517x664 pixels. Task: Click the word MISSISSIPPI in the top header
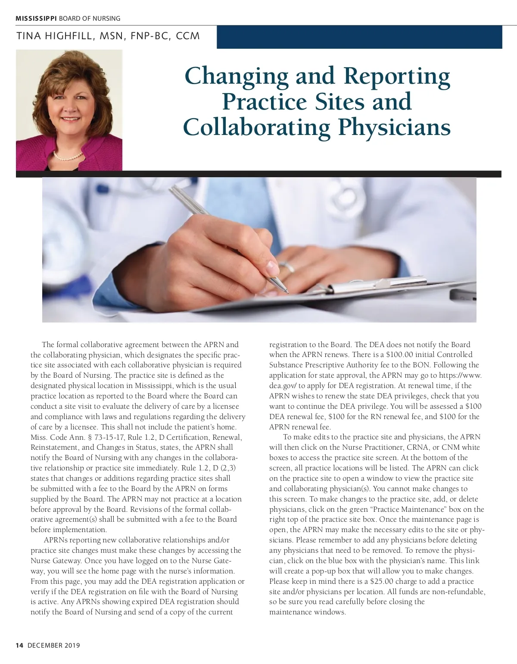pyautogui.click(x=36, y=19)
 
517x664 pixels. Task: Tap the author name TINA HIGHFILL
pyautogui.click(x=54, y=36)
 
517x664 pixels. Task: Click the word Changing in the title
pyautogui.click(x=237, y=76)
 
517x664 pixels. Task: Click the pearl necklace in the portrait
pyautogui.click(x=68, y=156)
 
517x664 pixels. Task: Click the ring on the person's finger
pyautogui.click(x=287, y=266)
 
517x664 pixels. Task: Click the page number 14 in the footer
pyautogui.click(x=19, y=645)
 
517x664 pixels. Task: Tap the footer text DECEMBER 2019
pyautogui.click(x=54, y=645)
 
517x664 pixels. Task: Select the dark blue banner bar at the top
pyautogui.click(x=359, y=37)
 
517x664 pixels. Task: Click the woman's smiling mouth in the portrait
pyautogui.click(x=70, y=119)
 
